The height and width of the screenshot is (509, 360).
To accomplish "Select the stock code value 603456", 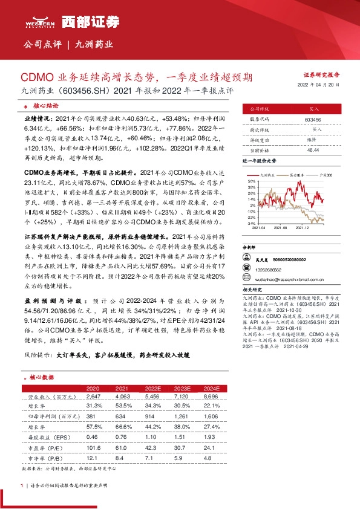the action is point(313,120).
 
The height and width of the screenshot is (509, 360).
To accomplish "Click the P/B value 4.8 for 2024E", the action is point(211,458).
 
